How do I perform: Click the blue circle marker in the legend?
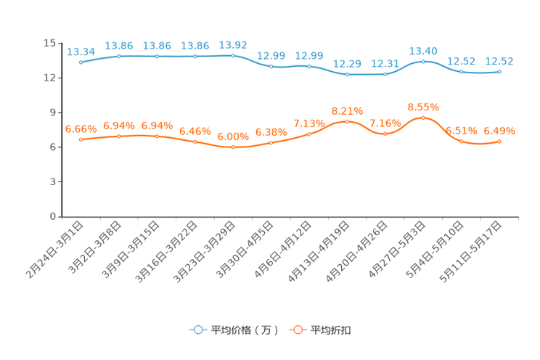[197, 330]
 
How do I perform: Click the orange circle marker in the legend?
[297, 330]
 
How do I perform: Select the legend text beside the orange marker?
[332, 330]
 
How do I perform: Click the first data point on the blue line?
[81, 62]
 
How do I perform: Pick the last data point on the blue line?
[499, 71]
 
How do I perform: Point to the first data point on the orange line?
[81, 139]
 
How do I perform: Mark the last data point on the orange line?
[499, 141]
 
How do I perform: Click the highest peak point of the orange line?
[423, 117]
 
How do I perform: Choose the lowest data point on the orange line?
[233, 147]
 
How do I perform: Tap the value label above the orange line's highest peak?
[423, 107]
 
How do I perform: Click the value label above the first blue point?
[81, 52]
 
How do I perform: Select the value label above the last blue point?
[499, 60]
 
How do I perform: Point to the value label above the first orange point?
[81, 128]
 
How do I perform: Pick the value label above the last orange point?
[499, 131]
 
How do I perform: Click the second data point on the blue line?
[119, 56]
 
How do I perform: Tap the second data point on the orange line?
[119, 136]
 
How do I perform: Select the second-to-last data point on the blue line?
[461, 71]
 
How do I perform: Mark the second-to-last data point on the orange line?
[461, 141]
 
